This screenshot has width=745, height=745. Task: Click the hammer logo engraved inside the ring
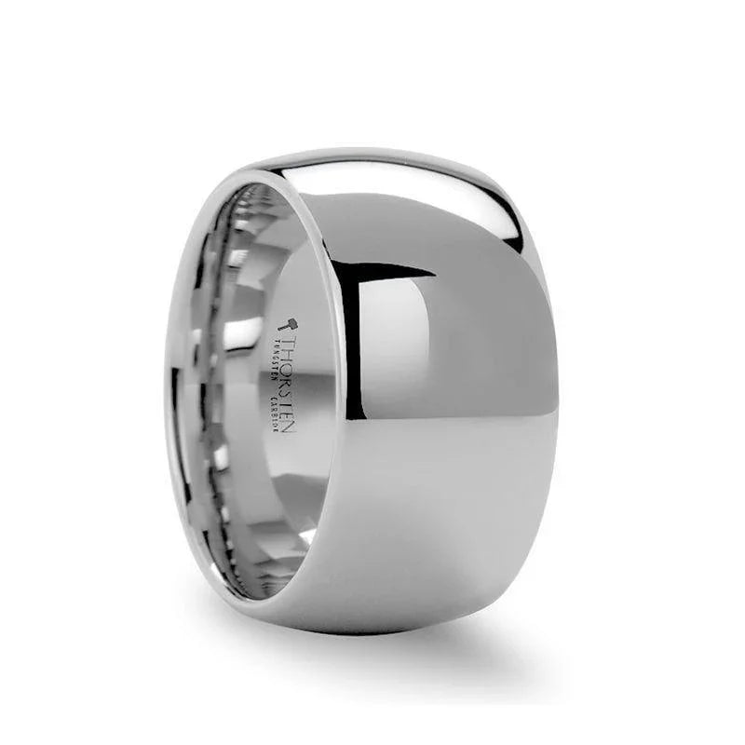point(289,325)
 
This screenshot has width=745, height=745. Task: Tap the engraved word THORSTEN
point(290,384)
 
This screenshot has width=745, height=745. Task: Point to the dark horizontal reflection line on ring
point(396,272)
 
